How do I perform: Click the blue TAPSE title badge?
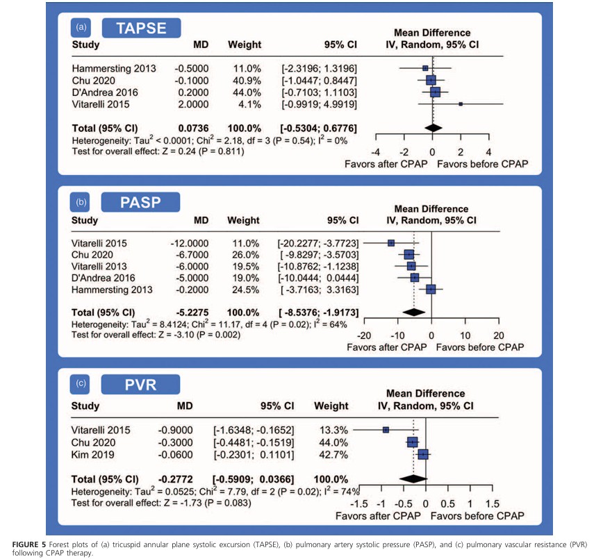pyautogui.click(x=142, y=28)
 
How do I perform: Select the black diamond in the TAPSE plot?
pyautogui.click(x=433, y=128)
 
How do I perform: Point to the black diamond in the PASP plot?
pyautogui.click(x=414, y=311)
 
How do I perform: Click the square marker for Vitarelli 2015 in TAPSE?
pyautogui.click(x=461, y=104)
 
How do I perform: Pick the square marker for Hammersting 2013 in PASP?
pyautogui.click(x=431, y=289)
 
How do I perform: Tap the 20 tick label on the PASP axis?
pyautogui.click(x=498, y=334)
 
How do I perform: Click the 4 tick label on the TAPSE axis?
pyautogui.click(x=488, y=151)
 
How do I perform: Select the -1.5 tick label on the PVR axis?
pyautogui.click(x=358, y=503)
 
